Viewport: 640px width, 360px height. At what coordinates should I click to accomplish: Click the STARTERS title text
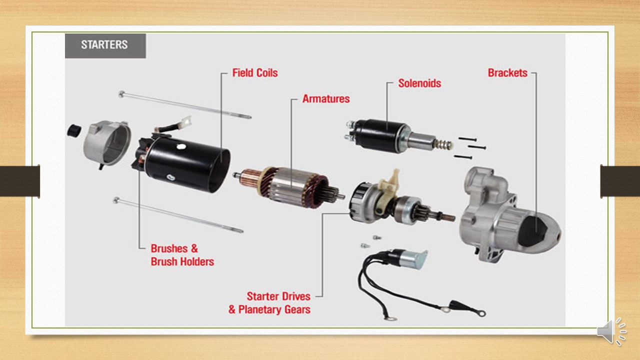pyautogui.click(x=104, y=44)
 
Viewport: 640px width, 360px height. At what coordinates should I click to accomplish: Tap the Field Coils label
pyautogui.click(x=255, y=73)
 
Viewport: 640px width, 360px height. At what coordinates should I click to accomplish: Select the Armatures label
pyautogui.click(x=326, y=99)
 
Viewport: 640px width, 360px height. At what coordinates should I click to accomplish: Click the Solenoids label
pyautogui.click(x=419, y=83)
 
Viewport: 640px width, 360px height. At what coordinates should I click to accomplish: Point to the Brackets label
pyautogui.click(x=507, y=73)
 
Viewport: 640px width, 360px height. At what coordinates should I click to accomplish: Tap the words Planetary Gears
pyautogui.click(x=274, y=309)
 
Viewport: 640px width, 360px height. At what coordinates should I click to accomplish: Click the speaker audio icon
pyautogui.click(x=611, y=331)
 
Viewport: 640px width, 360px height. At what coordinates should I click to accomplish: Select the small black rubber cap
pyautogui.click(x=73, y=130)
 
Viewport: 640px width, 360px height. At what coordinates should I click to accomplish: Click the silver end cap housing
pyautogui.click(x=107, y=143)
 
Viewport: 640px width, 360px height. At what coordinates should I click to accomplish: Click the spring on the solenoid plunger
pyautogui.click(x=443, y=144)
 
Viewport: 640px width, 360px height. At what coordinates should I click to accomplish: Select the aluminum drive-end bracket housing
pyautogui.click(x=508, y=214)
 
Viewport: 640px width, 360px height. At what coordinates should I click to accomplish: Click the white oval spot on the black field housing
pyautogui.click(x=181, y=147)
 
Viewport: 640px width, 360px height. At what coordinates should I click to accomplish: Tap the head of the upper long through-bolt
pyautogui.click(x=121, y=94)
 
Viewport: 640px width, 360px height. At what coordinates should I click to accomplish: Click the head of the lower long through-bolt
pyautogui.click(x=116, y=200)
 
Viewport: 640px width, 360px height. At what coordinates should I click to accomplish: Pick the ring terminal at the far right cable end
pyautogui.click(x=482, y=313)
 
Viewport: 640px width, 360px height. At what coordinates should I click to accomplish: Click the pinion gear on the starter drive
pyautogui.click(x=424, y=213)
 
